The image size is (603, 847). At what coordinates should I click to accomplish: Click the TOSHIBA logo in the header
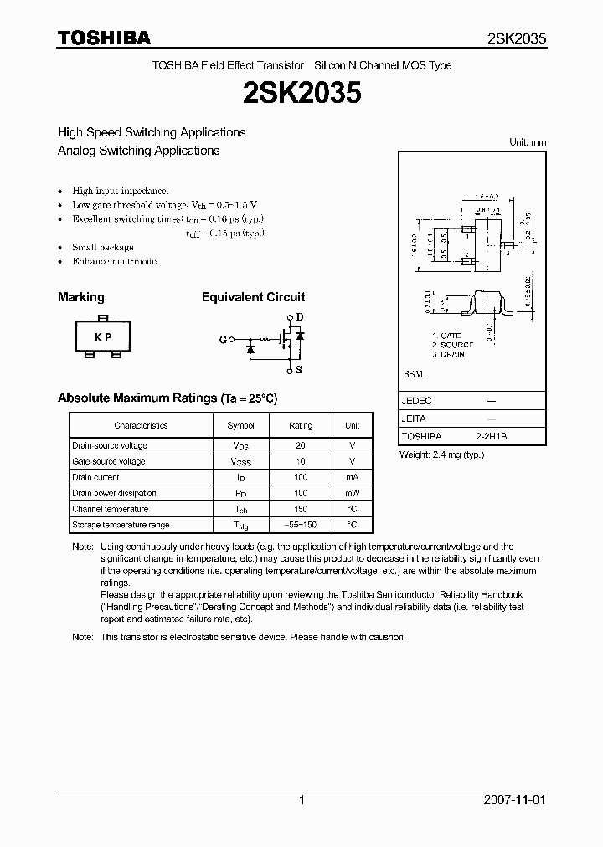[x=104, y=38]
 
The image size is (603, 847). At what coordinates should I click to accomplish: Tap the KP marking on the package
[x=103, y=337]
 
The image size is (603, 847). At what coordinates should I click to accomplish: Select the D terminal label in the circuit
[x=300, y=317]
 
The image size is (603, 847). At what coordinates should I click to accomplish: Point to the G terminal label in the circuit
[x=223, y=340]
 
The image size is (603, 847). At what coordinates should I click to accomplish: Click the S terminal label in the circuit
[x=300, y=368]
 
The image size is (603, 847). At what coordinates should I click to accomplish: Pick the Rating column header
[x=301, y=426]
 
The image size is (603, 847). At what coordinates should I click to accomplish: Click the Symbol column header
[x=240, y=426]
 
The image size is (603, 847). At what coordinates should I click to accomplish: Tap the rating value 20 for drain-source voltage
[x=301, y=446]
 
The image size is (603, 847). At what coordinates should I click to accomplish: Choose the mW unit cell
[x=352, y=493]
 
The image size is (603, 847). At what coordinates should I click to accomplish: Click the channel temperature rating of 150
[x=301, y=509]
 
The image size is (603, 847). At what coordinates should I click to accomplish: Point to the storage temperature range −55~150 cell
[x=301, y=525]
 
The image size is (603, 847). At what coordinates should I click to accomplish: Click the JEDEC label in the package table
[x=417, y=401]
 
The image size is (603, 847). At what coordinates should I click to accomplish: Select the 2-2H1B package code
[x=492, y=437]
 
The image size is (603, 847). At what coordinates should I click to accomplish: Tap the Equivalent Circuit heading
[x=253, y=297]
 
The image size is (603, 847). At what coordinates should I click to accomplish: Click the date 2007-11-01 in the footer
[x=515, y=800]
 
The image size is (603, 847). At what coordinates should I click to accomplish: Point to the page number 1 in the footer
[x=301, y=800]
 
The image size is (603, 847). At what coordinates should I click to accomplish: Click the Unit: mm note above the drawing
[x=528, y=142]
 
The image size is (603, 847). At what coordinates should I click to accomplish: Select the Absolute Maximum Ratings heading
[x=167, y=398]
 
